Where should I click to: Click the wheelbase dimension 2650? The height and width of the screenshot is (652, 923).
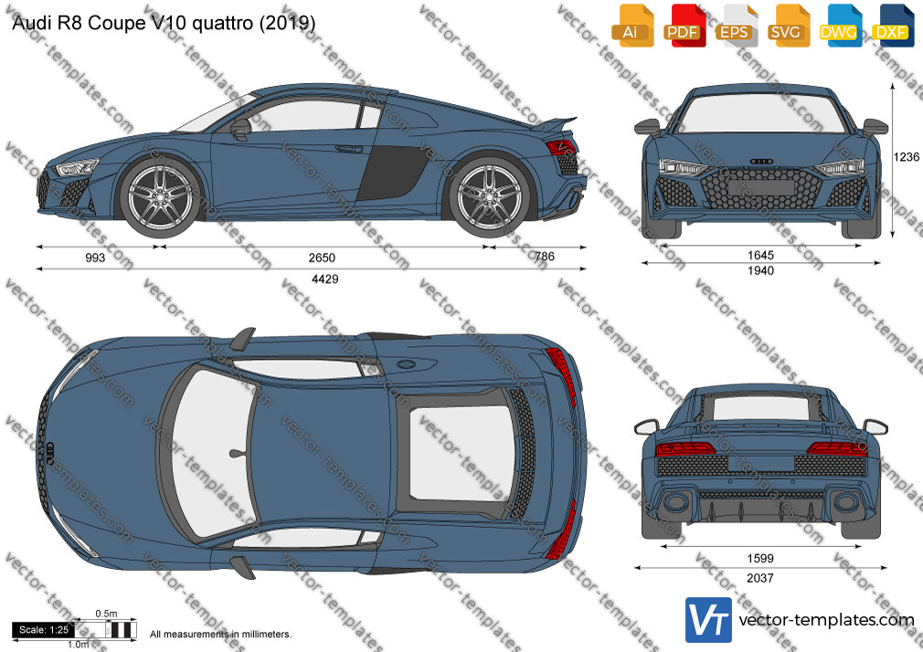point(322,258)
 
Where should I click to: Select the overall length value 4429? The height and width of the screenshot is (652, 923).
point(325,279)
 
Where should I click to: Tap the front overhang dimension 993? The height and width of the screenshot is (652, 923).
point(95,258)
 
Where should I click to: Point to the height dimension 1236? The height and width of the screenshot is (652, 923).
point(906,156)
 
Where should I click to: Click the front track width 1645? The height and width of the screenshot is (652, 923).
point(760,255)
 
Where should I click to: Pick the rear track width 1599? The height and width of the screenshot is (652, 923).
point(760,558)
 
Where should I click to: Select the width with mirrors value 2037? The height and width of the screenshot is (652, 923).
point(760,578)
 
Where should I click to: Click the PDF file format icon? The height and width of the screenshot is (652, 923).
point(683,26)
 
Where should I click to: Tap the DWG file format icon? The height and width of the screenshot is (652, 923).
point(839,26)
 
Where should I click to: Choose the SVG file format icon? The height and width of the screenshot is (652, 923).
point(787,26)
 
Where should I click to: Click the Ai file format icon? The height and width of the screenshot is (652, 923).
point(631,26)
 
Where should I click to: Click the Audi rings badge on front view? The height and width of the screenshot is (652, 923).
point(761,161)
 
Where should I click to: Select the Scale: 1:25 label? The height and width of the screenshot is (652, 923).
point(44,630)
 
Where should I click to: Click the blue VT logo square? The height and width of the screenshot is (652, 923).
point(709,620)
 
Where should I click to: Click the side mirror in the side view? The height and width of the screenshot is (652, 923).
point(240,130)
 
